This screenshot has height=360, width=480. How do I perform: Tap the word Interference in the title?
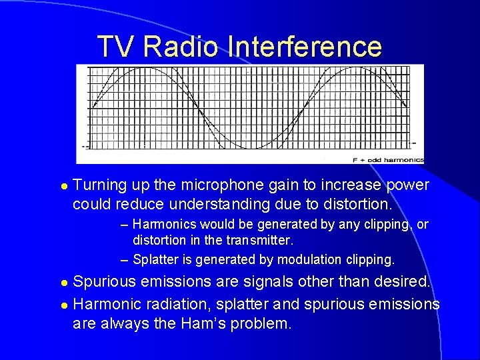pos(305,47)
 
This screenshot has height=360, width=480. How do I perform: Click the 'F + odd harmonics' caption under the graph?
pos(388,160)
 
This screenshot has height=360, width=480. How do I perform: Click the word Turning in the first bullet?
pos(101,185)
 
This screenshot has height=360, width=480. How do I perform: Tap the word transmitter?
pos(259,239)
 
